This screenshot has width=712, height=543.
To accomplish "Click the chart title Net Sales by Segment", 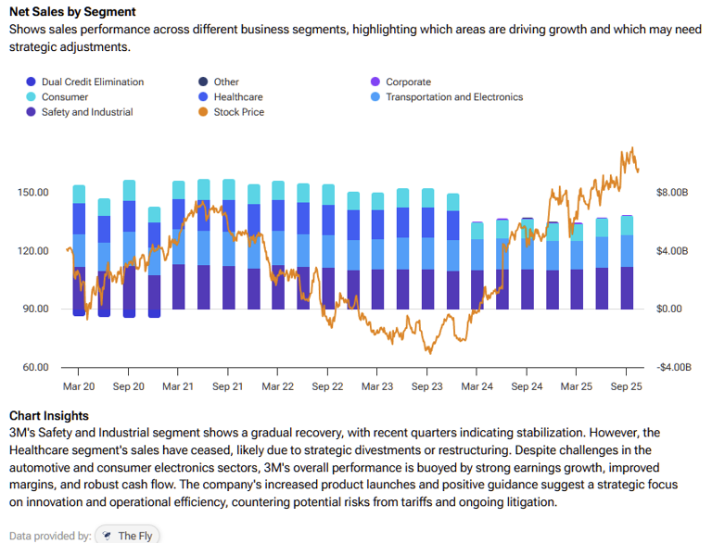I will (72, 12).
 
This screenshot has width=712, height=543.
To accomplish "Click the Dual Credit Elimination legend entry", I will (92, 82).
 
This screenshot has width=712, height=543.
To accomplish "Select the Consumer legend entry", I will (65, 96).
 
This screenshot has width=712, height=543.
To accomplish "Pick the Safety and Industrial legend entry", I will (86, 111).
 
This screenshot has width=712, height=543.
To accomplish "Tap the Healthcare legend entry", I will (237, 96).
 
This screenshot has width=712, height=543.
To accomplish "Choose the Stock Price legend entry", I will (238, 111).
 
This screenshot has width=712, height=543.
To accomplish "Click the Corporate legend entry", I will (408, 82).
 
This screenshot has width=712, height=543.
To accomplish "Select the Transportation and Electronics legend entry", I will (453, 96).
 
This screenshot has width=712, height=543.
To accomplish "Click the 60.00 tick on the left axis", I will (35, 367).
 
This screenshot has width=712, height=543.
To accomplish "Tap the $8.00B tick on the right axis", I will (673, 193).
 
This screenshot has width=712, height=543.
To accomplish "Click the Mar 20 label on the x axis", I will (79, 385).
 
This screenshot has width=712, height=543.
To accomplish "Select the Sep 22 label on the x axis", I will (327, 385).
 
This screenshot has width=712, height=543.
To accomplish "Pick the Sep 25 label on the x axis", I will (626, 385).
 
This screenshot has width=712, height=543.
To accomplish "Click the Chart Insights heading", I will (49, 416).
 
